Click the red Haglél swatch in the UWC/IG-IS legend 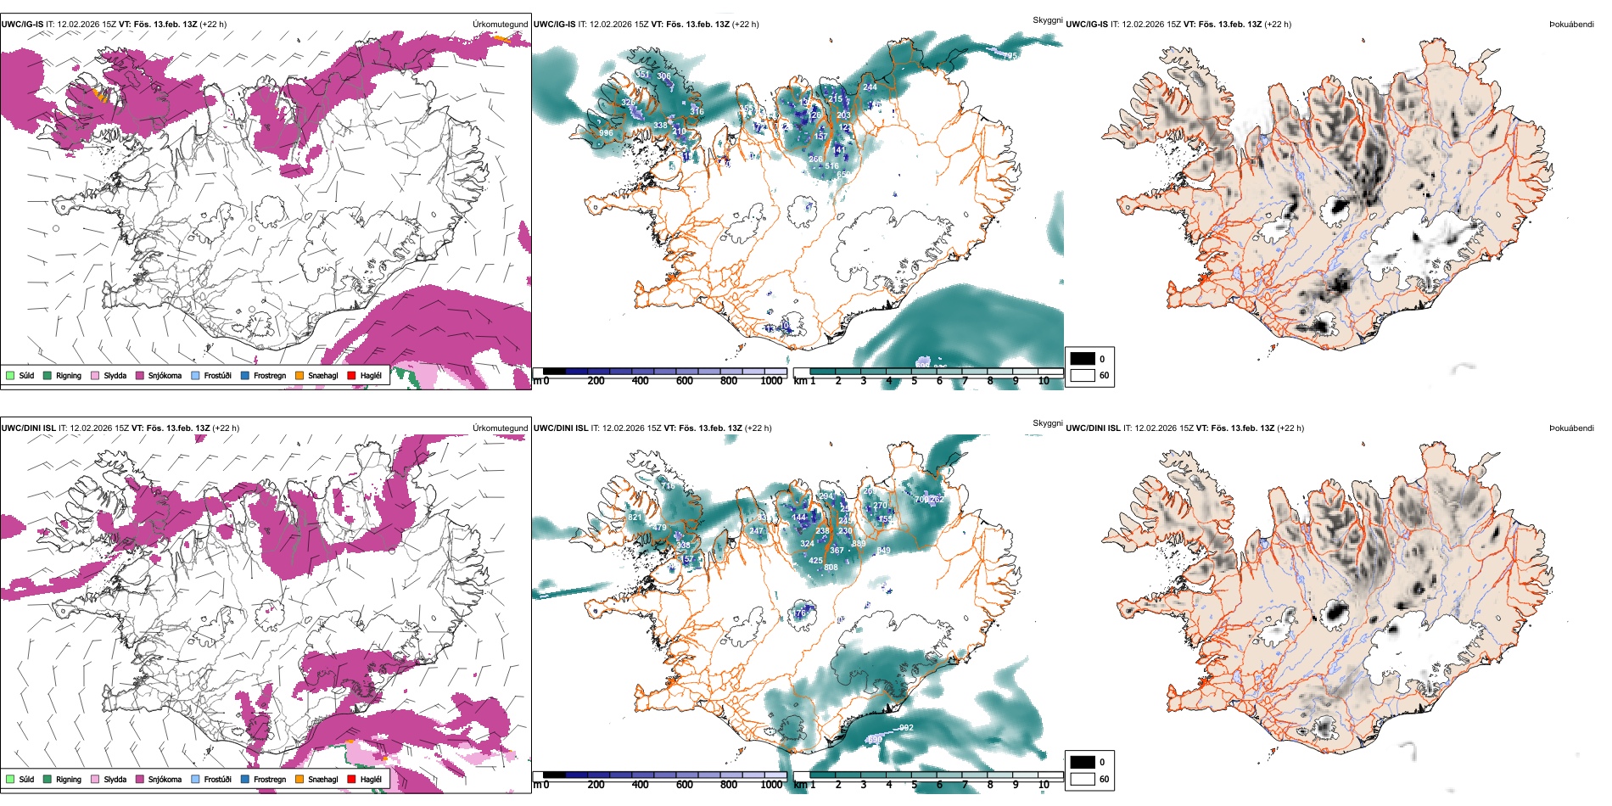(351, 375)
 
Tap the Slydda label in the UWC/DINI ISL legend (115, 779)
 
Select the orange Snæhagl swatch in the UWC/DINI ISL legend (299, 779)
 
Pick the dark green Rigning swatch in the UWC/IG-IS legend (48, 375)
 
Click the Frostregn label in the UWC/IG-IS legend (270, 375)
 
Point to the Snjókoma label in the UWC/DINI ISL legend (165, 779)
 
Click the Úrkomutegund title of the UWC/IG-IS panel (500, 25)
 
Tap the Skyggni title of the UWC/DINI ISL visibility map (1047, 423)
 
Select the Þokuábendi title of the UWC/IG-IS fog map (1571, 25)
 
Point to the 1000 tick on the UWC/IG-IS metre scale (771, 381)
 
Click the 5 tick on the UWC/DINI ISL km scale (914, 785)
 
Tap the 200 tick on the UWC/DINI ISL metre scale (596, 785)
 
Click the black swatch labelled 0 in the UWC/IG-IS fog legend (1083, 359)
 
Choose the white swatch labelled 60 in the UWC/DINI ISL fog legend (1083, 779)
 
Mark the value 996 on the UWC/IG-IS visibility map (606, 133)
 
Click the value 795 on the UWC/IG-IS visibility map (1010, 56)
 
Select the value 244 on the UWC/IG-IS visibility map (870, 87)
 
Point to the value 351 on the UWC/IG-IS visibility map (643, 75)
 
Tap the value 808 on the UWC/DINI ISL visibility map (831, 568)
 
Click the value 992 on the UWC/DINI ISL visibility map (906, 728)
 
